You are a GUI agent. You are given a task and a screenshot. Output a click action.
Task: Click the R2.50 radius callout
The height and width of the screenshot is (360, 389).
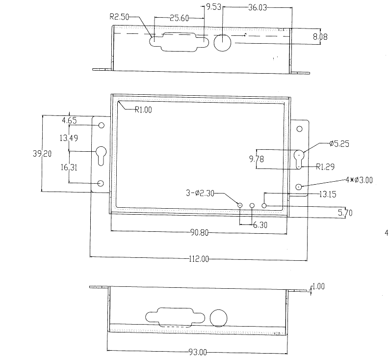tap(119, 17)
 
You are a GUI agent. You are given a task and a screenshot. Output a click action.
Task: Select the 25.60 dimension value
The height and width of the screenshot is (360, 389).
tap(179, 18)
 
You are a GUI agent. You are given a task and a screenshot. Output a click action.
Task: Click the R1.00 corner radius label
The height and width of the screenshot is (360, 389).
tap(143, 110)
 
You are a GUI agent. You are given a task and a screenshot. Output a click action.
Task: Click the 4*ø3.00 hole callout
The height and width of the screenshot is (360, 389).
tap(359, 180)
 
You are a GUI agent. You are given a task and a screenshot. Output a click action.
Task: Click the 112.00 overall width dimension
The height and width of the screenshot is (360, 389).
tap(199, 258)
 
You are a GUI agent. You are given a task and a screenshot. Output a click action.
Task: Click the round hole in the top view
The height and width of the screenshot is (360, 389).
tap(223, 43)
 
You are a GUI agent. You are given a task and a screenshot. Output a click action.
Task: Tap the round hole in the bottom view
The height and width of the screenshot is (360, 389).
tap(219, 317)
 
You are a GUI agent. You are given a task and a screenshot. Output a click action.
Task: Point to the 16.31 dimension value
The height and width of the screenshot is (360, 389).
tap(69, 167)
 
